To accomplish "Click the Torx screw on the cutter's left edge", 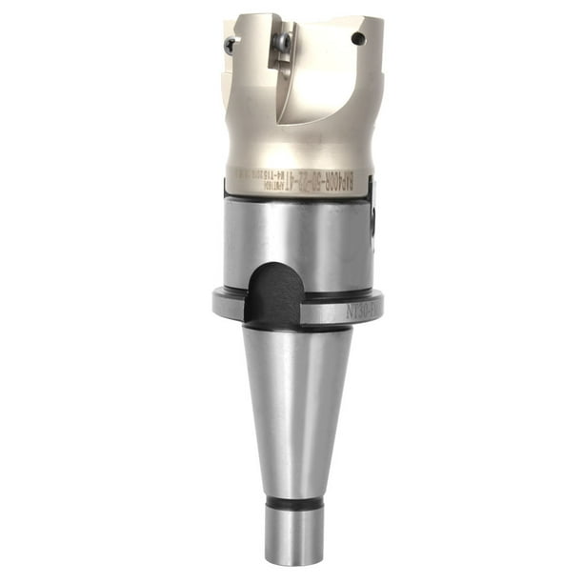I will (230, 44).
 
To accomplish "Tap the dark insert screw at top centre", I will (283, 41).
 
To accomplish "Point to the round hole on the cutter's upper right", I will (358, 39).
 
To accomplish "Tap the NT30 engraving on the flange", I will (361, 307).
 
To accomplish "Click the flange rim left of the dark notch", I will (229, 305).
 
